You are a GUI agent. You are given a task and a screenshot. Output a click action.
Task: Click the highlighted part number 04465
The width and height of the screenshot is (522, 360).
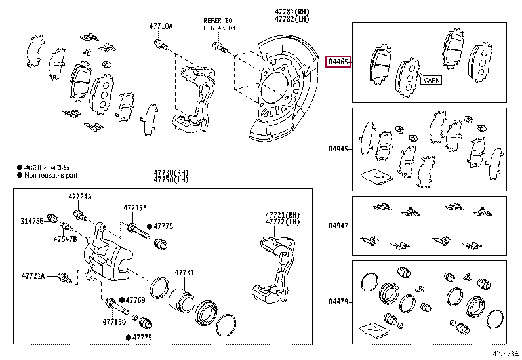coord(339,62)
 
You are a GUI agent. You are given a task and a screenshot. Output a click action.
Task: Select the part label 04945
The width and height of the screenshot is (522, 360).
coord(339,149)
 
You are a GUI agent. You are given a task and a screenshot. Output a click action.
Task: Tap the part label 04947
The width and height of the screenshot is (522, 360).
coord(339,226)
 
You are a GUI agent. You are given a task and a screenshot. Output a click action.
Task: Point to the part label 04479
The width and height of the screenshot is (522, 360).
coord(339,302)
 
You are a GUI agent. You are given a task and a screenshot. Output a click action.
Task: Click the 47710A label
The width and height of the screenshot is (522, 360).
coord(161,26)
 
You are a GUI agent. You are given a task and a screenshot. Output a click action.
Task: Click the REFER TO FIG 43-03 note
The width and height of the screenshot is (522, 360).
coord(218,25)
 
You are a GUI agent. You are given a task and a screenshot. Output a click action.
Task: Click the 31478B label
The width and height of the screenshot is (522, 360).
coord(31,222)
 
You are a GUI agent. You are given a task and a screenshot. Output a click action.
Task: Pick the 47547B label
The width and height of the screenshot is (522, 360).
coord(66,239)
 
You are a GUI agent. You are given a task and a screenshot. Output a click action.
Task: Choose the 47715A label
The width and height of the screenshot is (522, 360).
coord(135,208)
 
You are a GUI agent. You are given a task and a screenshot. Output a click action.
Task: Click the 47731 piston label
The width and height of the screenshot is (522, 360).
coord(184,273)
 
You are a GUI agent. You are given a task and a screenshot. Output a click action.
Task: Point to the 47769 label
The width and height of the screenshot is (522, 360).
coord(135,300)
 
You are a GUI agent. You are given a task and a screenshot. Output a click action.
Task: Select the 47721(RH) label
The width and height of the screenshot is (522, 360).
coord(282,215)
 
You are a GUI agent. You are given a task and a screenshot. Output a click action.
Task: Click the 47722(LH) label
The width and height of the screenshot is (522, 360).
coord(282,222)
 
